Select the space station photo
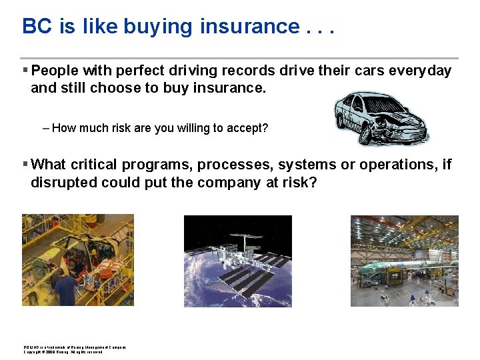(x=237, y=261)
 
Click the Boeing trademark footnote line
(x=74, y=347)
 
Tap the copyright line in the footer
(x=63, y=352)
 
